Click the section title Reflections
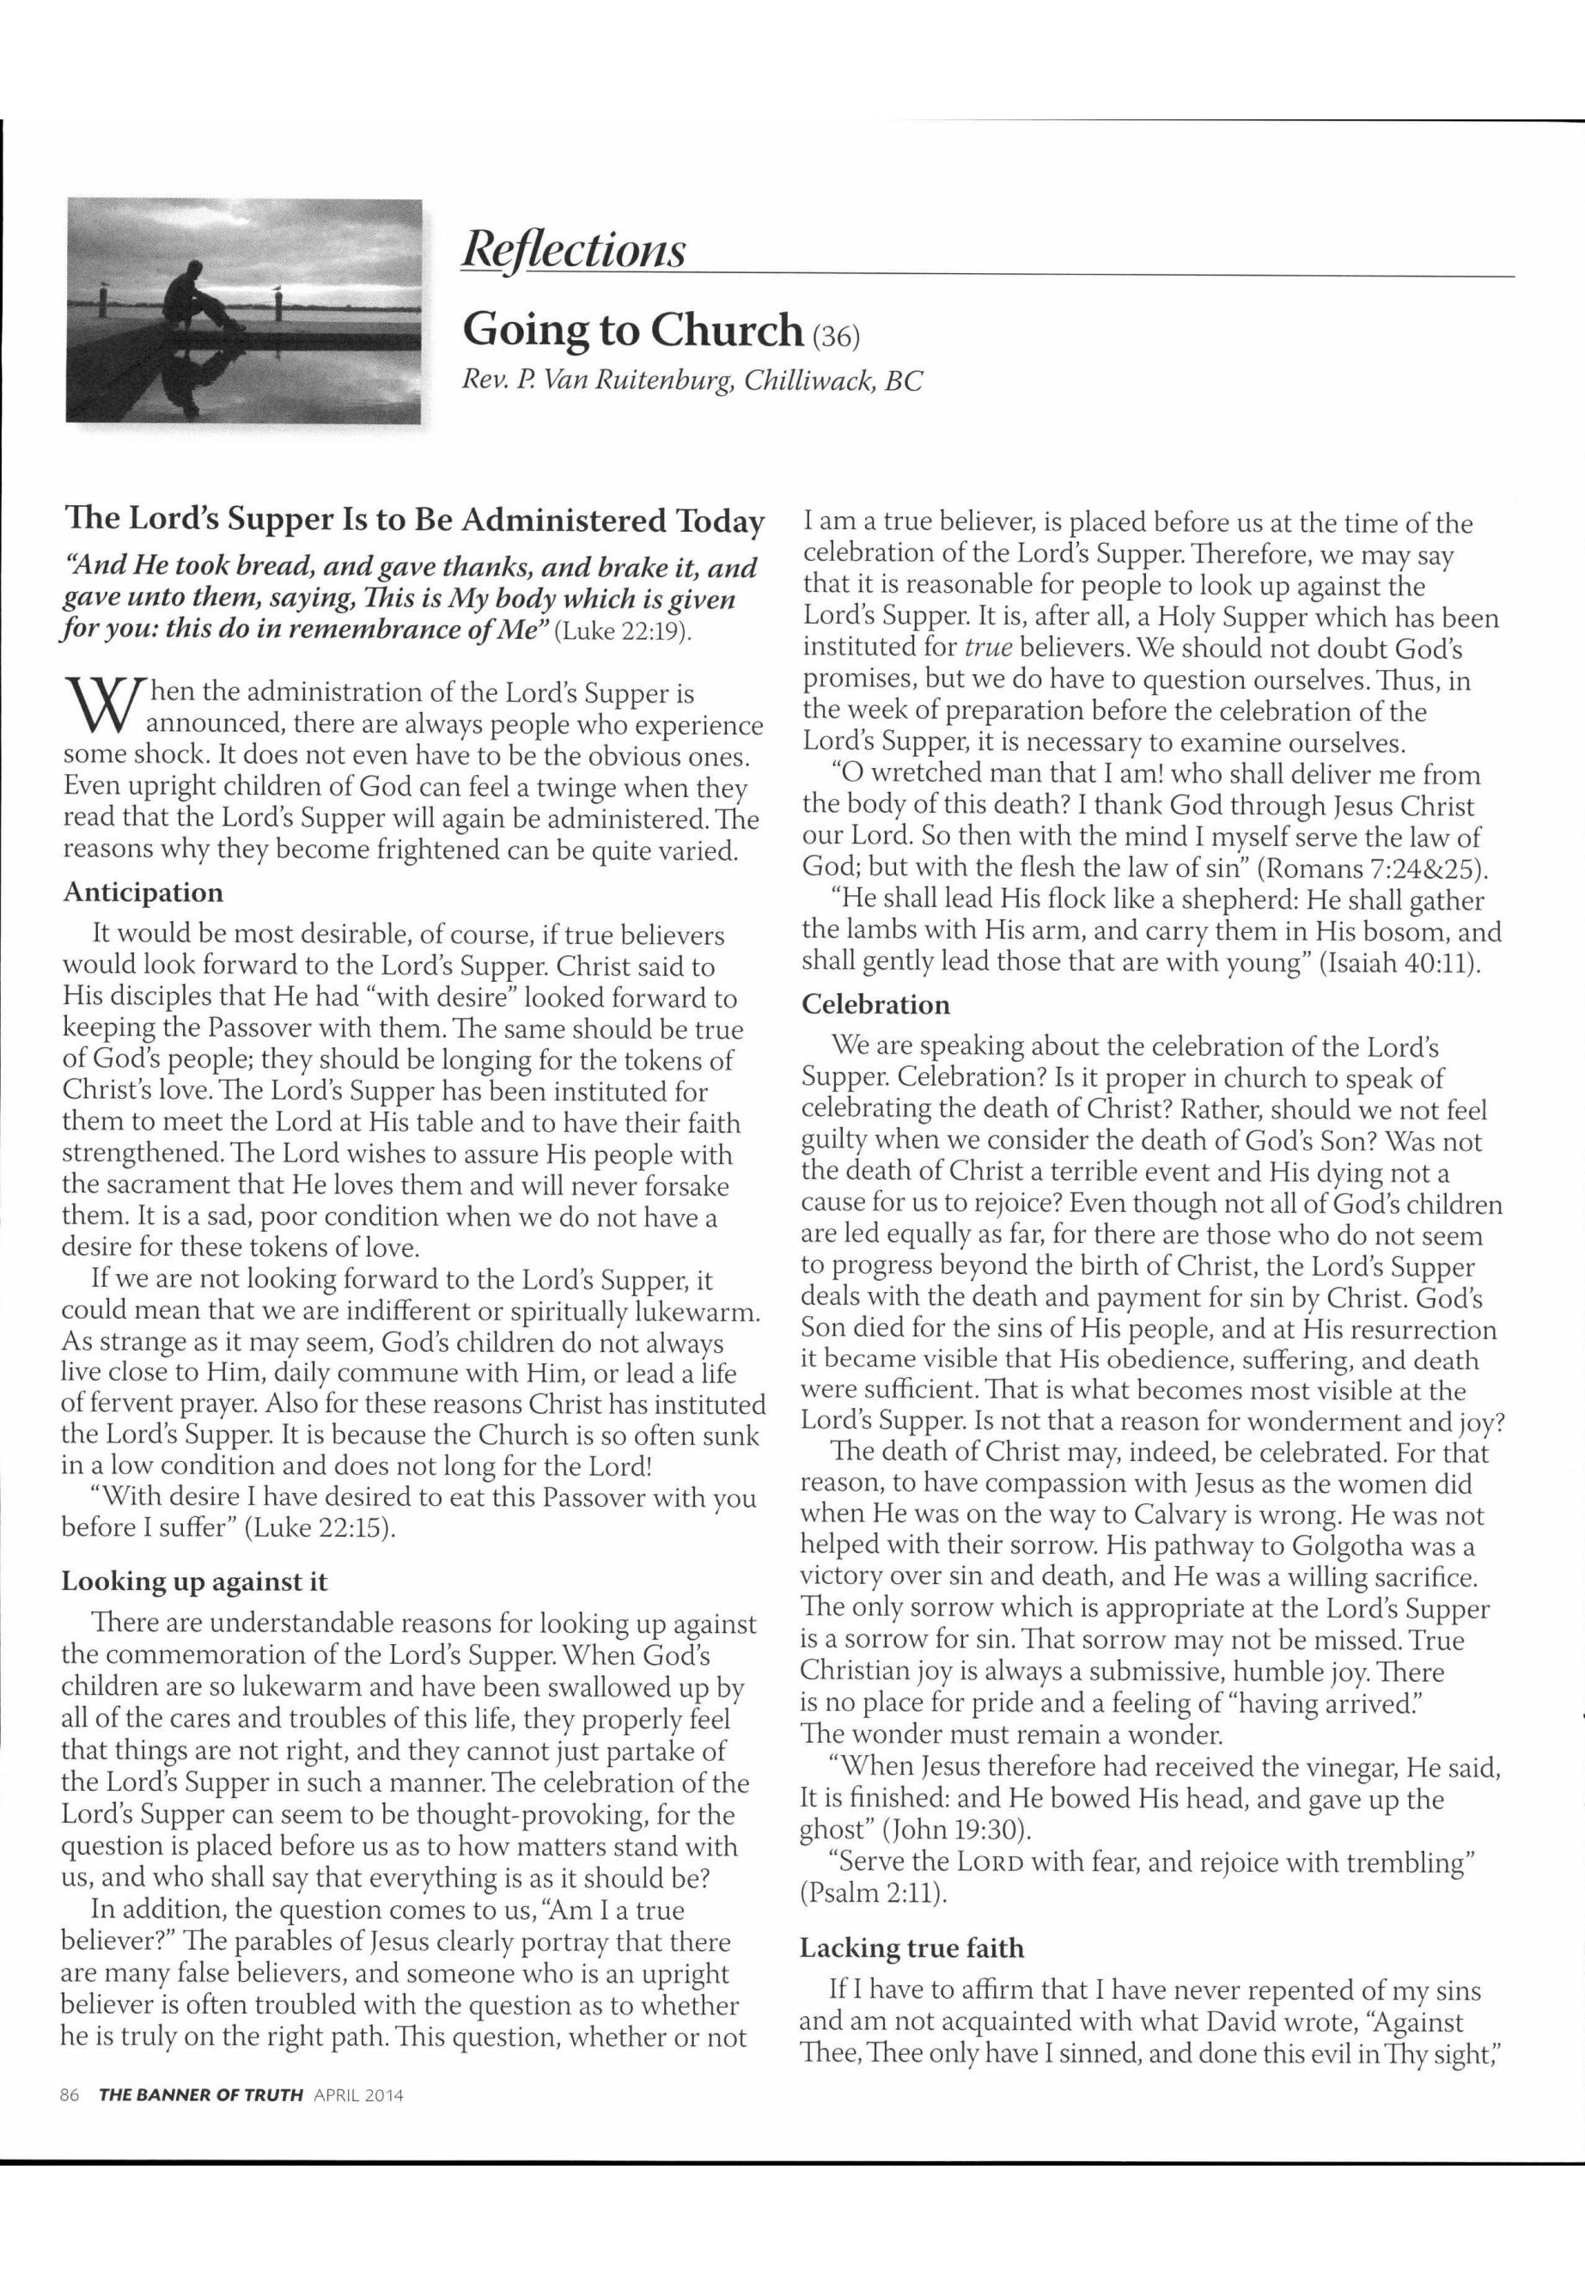pos(573,249)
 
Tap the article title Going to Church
pos(632,330)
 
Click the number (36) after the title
pos(835,337)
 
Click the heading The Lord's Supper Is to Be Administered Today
pos(413,521)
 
